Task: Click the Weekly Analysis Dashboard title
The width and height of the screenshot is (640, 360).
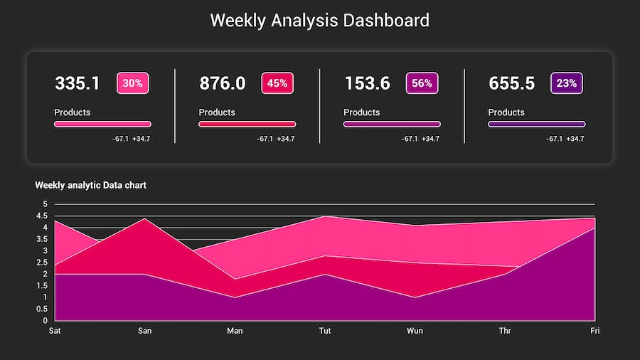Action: click(319, 20)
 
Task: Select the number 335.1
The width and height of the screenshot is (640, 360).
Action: click(78, 83)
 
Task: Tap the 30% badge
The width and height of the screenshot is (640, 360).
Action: click(132, 83)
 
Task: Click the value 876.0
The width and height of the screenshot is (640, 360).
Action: click(222, 83)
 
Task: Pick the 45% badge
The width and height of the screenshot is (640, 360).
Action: click(277, 83)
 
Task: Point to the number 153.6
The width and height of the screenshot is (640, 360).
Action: click(367, 83)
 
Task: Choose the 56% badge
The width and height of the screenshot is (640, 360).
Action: click(422, 83)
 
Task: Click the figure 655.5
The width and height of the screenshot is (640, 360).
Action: click(511, 83)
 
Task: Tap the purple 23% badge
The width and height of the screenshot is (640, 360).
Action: click(567, 83)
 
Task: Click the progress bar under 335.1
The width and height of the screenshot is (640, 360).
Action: click(102, 124)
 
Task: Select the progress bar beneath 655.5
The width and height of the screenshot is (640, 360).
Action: click(536, 124)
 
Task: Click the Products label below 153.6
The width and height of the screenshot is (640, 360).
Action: click(361, 112)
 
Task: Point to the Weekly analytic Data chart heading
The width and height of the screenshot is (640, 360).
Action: click(90, 185)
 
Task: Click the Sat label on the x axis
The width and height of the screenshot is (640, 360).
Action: click(55, 331)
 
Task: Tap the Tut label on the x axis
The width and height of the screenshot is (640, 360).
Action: click(325, 331)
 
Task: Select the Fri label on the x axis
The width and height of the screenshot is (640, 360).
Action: click(595, 331)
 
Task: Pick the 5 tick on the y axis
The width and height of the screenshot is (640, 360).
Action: click(45, 204)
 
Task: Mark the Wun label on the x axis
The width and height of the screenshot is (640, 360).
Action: click(415, 331)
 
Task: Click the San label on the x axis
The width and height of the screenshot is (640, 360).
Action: click(144, 331)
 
